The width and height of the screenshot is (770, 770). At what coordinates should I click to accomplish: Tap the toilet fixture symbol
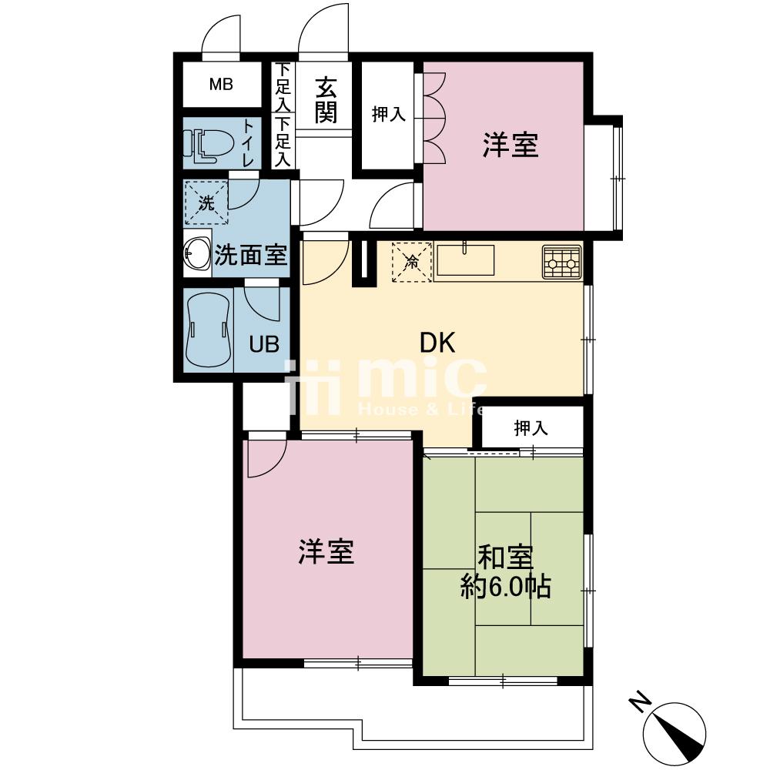tap(202, 144)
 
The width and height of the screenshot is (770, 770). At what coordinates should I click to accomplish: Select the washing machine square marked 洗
tap(206, 203)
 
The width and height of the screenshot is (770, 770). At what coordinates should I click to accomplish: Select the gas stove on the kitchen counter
tap(561, 262)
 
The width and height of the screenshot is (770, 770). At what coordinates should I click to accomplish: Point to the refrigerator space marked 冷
tap(412, 262)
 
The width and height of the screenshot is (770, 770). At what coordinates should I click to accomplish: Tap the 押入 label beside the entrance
tap(388, 115)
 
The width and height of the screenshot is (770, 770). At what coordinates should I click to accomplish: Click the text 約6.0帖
tap(504, 588)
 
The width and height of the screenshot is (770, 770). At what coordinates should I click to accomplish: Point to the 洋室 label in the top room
tap(511, 146)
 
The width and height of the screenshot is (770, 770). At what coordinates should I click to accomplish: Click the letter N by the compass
tap(639, 702)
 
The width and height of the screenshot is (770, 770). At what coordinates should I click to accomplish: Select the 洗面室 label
tap(250, 255)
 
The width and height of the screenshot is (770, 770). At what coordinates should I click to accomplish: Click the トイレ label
tap(248, 144)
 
